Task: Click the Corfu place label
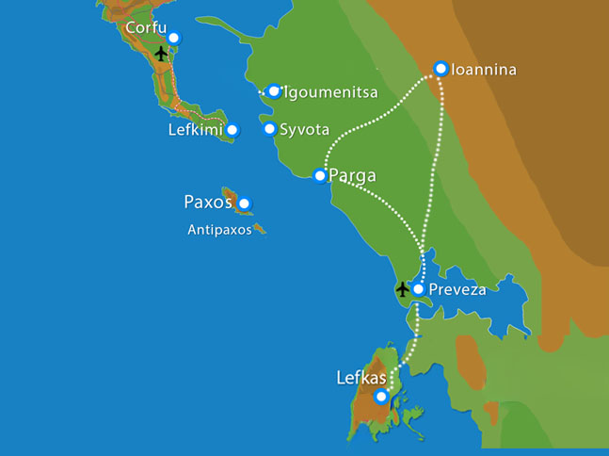145,28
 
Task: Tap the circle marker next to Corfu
172,38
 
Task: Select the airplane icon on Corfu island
161,53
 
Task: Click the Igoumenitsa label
326,92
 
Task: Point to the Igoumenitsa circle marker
274,91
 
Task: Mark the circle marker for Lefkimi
232,130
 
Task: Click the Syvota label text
303,129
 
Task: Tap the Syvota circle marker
270,129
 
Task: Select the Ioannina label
485,70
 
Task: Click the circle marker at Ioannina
440,68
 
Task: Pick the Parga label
353,175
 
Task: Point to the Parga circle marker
320,175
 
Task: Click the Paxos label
209,202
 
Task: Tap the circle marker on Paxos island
244,203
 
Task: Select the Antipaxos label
219,229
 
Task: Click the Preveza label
457,289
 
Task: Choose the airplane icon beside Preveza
403,288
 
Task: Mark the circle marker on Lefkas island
380,397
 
